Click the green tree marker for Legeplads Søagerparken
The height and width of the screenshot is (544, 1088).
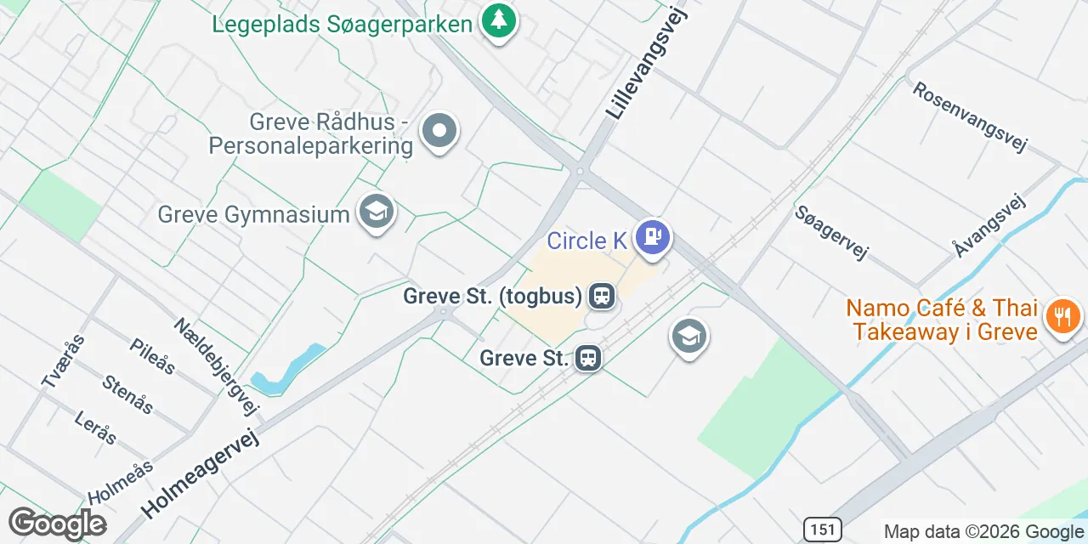(x=499, y=21)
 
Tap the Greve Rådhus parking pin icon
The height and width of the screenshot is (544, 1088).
(x=439, y=132)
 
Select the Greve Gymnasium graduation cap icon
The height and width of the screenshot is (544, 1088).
(x=376, y=212)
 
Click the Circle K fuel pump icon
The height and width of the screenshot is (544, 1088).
(x=653, y=237)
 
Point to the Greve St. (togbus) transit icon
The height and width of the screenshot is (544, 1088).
(x=602, y=296)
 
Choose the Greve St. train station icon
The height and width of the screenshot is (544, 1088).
(x=587, y=358)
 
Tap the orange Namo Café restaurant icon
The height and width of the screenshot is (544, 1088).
(x=1062, y=318)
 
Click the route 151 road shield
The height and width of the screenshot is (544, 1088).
(x=823, y=529)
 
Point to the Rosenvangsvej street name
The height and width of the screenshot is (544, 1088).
(x=969, y=116)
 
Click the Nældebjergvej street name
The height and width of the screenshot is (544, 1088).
(x=216, y=366)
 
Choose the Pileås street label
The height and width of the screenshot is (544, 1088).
(x=153, y=356)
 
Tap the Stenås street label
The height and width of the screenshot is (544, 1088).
(x=127, y=394)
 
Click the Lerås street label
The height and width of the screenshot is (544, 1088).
(x=95, y=428)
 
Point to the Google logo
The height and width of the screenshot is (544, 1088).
(x=58, y=524)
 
